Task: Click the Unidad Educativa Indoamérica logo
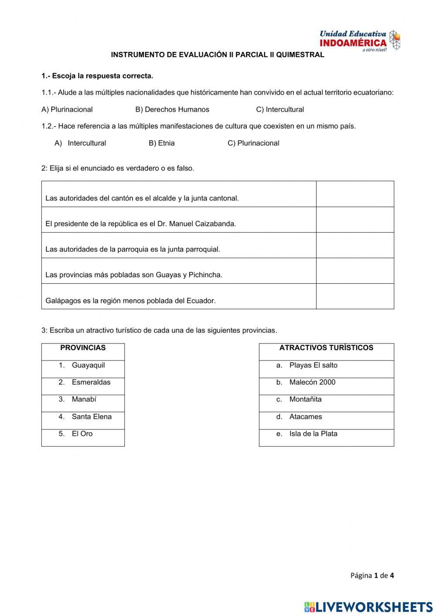click(359, 41)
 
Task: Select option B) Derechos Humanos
click(172, 109)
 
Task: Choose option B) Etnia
click(162, 143)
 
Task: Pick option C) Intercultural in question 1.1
click(280, 109)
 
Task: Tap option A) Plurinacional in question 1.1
click(67, 109)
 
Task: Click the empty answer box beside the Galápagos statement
click(355, 296)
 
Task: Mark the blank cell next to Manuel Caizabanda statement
click(355, 220)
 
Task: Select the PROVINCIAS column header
click(83, 348)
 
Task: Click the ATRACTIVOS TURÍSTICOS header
click(326, 348)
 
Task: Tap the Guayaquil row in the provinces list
click(88, 365)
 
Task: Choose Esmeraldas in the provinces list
click(91, 382)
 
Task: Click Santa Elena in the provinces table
click(92, 417)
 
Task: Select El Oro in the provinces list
click(82, 434)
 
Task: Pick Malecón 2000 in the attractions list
click(312, 382)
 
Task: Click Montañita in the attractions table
click(305, 399)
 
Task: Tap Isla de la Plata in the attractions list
click(313, 434)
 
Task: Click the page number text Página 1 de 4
click(372, 575)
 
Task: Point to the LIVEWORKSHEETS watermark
click(368, 607)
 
